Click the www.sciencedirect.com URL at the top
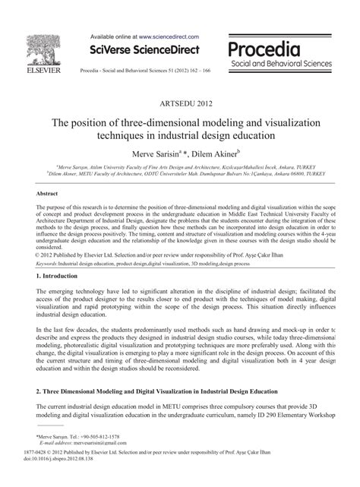point(168,36)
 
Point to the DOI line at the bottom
point(56,479)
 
